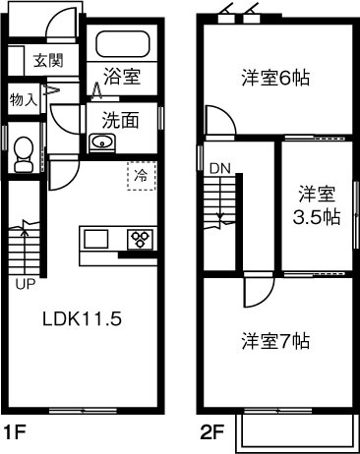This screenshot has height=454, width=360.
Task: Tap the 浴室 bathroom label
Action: tap(122, 77)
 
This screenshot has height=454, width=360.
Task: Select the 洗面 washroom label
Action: tap(122, 121)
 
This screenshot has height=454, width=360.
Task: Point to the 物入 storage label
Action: tap(24, 99)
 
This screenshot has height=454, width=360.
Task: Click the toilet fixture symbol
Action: tap(25, 153)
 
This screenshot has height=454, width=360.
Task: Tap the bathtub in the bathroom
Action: tap(122, 44)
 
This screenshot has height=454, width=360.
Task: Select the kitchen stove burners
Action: tap(139, 239)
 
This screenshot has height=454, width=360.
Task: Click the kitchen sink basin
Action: tap(97, 240)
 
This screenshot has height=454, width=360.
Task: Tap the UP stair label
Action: tap(24, 285)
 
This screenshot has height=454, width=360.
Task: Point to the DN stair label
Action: tap(218, 168)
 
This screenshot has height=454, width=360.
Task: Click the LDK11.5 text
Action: tap(82, 319)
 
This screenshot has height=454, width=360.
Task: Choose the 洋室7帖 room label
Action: tap(276, 341)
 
